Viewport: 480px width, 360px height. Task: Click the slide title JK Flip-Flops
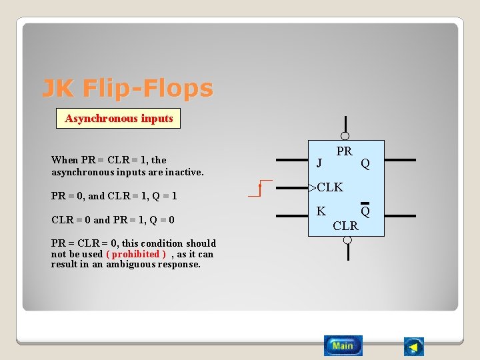pos(127,88)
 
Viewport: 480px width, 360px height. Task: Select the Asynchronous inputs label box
pos(119,119)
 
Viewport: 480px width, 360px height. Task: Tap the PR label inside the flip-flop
pos(344,151)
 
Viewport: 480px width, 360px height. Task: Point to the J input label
pos(319,162)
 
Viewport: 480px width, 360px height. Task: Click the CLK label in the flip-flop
pos(329,187)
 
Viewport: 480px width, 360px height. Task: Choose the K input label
pos(321,211)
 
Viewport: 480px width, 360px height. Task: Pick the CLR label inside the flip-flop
pos(345,226)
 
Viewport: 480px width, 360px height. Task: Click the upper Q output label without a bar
pos(365,163)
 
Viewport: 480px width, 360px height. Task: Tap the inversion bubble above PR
pos(345,136)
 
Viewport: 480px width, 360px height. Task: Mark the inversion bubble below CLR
pos(347,240)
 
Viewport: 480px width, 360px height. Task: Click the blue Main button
pos(343,345)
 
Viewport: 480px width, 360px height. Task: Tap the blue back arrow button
pos(414,347)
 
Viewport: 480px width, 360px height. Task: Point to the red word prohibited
pos(136,254)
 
